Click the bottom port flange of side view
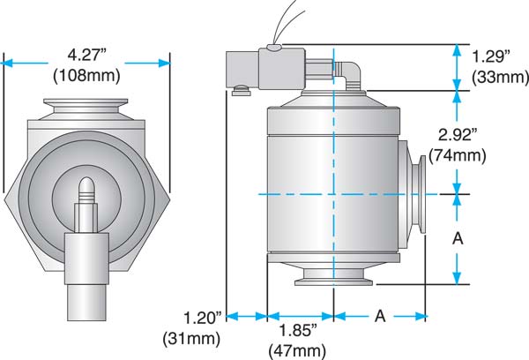coord(333,282)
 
